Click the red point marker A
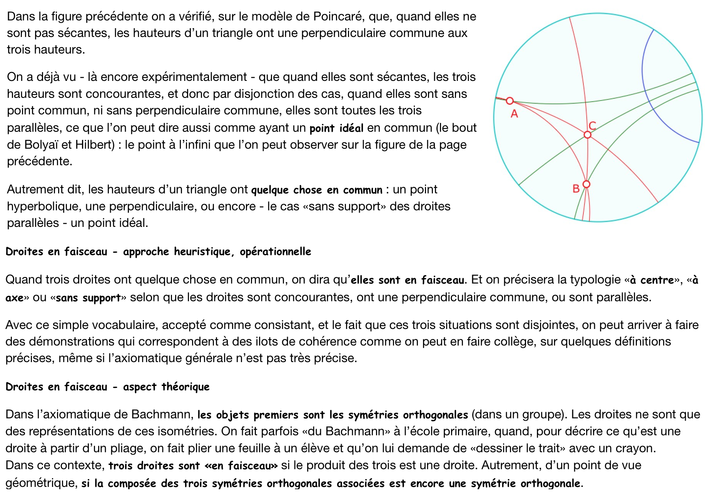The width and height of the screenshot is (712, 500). pos(510,101)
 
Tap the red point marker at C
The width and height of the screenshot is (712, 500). pos(587,135)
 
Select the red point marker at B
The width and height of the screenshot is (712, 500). pos(586,184)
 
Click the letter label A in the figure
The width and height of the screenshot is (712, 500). pos(514,114)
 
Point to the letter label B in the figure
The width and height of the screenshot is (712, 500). pos(576,189)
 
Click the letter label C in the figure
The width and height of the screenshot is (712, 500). pos(592,126)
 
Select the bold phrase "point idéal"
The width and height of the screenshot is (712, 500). pos(336,128)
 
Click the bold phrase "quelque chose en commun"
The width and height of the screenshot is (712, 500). pos(317,190)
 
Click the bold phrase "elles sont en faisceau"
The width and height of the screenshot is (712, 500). pos(408,280)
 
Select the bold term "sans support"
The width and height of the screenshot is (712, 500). pos(88,298)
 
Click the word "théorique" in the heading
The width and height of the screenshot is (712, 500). pos(186,387)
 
